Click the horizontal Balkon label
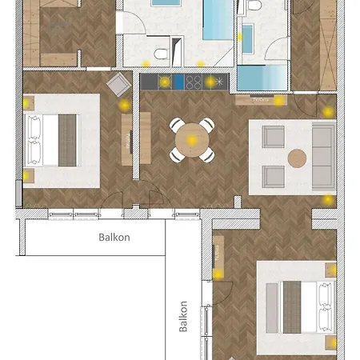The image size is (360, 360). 114,237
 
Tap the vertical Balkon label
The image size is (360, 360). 183,317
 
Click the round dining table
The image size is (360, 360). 192,140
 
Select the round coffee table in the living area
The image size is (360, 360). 297,158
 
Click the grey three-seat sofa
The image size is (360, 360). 324,157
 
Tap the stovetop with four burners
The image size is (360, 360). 194,82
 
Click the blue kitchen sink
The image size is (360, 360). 178,82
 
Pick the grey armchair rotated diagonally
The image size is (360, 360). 119,85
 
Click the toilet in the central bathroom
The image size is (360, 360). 161,54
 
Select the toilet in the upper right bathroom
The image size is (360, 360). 254,5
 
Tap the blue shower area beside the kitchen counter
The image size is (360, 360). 262,78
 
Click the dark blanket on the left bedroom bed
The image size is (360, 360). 67,141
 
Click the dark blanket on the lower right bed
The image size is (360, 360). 292,307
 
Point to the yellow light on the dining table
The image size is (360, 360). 192,140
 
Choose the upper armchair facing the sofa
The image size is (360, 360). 273,137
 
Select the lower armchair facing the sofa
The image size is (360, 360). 273,177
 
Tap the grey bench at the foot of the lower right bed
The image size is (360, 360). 272,308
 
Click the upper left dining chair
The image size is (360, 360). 178,125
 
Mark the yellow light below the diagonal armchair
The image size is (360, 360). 125,105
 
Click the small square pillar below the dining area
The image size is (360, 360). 238,202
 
